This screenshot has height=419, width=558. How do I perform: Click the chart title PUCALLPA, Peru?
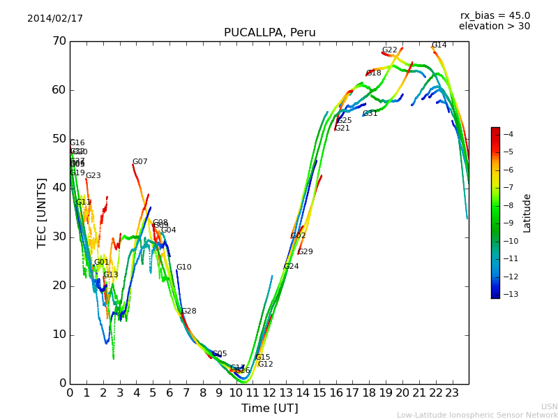point(269,33)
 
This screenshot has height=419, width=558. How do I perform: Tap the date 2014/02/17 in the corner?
point(55,19)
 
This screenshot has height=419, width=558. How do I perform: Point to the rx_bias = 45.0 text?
point(495,15)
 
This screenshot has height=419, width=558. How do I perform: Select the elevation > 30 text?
point(494,27)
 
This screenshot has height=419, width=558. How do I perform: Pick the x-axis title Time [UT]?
point(269,409)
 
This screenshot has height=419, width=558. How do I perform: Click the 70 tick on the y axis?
point(59,41)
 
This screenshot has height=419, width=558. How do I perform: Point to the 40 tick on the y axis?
point(59,188)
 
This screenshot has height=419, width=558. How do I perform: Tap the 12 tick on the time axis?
point(269,392)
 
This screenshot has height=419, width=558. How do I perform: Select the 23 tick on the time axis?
point(452,392)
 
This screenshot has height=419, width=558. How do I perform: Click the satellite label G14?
point(439,45)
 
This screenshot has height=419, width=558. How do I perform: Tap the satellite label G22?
point(389,50)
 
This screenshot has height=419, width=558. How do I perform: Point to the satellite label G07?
point(140,162)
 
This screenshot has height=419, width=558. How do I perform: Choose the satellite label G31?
point(370,114)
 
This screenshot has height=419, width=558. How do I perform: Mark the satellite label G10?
point(183,267)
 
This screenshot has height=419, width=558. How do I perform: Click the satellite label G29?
point(306,252)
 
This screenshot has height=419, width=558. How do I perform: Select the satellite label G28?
point(188,311)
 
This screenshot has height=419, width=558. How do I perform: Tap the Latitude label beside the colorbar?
point(527,213)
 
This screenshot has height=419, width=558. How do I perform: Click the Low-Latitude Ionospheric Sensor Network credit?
point(477,416)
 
